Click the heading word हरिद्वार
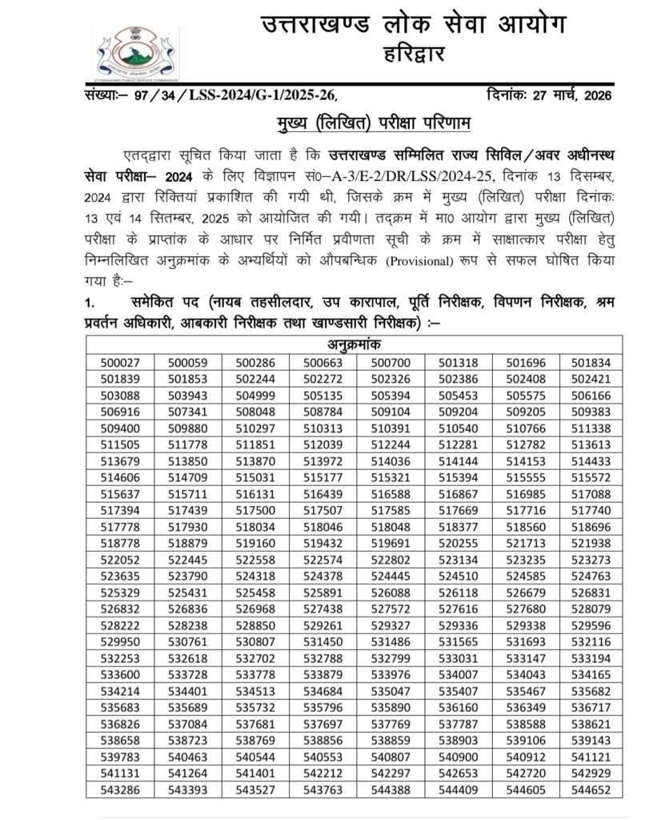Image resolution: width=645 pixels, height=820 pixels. [x=411, y=55]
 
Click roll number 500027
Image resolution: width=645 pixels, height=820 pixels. [x=120, y=362]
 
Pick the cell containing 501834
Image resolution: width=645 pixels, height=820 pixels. [x=591, y=362]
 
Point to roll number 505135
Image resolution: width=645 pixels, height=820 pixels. [x=322, y=395]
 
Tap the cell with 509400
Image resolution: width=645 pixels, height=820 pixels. [x=120, y=428]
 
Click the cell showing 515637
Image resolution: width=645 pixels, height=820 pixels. [x=120, y=494]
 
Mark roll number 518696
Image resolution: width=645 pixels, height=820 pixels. [x=591, y=527]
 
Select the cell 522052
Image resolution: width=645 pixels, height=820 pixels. [x=120, y=560]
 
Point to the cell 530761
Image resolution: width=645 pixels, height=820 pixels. [x=187, y=642]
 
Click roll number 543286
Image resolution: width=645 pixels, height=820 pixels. [x=120, y=790]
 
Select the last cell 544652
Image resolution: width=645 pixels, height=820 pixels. [x=591, y=790]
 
